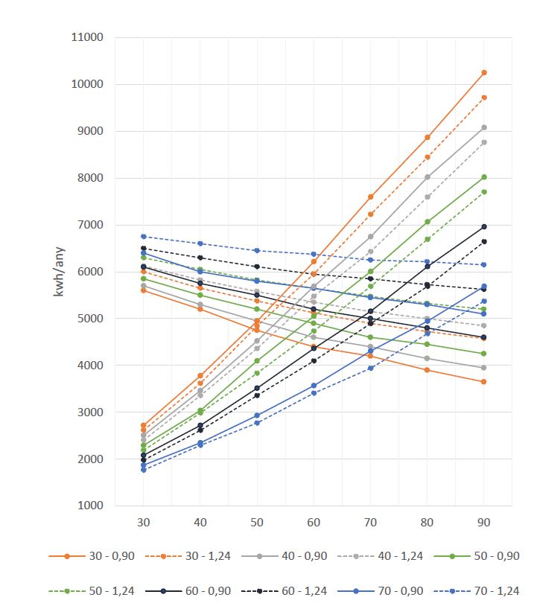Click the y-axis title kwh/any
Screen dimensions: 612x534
[x=59, y=272]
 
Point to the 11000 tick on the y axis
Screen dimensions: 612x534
[x=88, y=37]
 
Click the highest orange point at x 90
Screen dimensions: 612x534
[x=484, y=72]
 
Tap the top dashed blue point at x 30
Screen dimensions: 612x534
[x=143, y=236]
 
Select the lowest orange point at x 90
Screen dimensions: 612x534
[x=484, y=381]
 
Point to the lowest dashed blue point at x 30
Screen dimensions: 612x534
[x=143, y=470]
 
